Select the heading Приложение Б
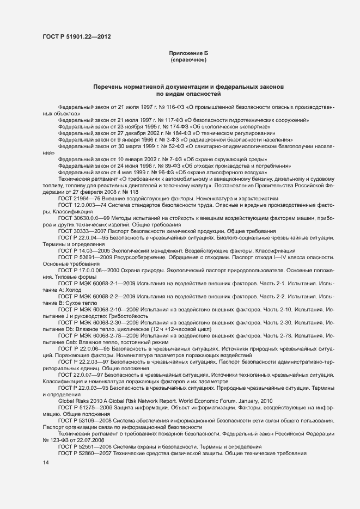click(188, 53)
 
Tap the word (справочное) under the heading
click(188, 60)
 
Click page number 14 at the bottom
click(45, 463)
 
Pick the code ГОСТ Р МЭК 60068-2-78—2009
click(104, 336)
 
